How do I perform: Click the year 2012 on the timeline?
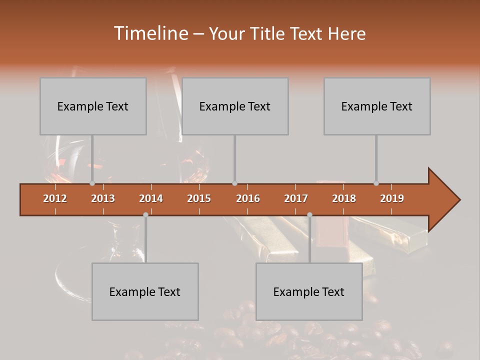point(55,198)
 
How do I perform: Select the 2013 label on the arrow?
point(103,198)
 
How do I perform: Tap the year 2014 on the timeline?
point(151,198)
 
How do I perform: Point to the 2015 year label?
point(199,198)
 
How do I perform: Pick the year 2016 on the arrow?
point(248,198)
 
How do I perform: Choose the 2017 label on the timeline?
point(296,198)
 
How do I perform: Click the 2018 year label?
point(344,198)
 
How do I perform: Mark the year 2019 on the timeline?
point(392,198)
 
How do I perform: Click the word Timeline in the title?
point(149,33)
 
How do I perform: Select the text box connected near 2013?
point(93,106)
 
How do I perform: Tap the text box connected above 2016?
point(235,106)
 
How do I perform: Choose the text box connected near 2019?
point(377,106)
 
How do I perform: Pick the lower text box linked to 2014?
point(145,291)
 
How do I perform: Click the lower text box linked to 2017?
point(309,291)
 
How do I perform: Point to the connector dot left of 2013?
point(92,183)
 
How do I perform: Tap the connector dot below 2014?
point(145,214)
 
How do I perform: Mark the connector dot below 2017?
point(309,214)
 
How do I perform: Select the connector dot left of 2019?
point(376,183)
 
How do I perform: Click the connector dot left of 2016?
point(234,183)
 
